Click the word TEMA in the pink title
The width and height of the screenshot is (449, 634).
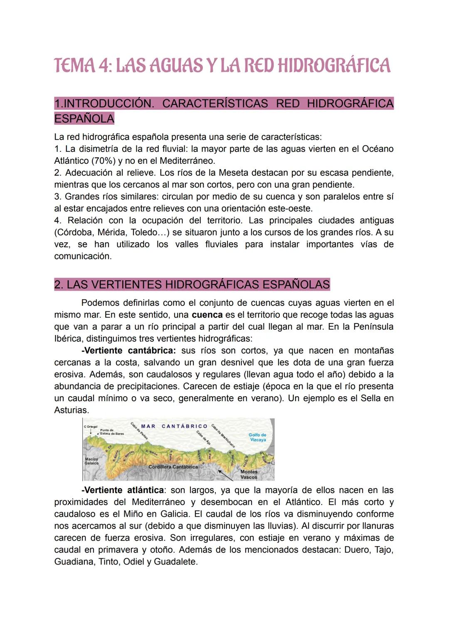[x=77, y=66]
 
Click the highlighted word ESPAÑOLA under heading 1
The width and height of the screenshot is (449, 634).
[x=84, y=119]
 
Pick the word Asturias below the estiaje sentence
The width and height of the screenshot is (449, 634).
[x=71, y=410]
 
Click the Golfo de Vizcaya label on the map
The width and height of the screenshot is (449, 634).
[x=257, y=437]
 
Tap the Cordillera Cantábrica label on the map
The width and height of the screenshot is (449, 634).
[x=173, y=467]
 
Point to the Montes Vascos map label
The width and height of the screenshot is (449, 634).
[x=249, y=474]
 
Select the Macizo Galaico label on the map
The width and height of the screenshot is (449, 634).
[x=91, y=461]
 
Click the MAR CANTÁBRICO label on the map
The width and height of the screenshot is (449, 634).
[x=174, y=426]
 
